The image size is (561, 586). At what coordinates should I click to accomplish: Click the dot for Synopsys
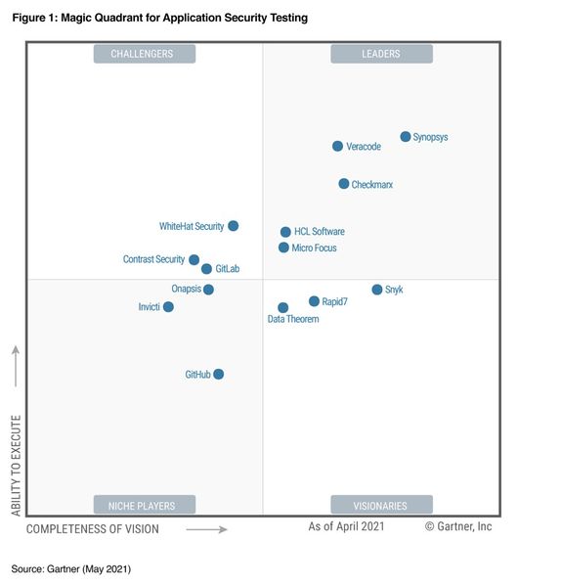coord(406,137)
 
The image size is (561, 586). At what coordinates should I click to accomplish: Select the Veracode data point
coord(338,147)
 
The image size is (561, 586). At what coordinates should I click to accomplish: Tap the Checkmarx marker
coord(344,184)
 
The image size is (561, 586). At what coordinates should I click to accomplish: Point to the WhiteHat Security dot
coord(234,226)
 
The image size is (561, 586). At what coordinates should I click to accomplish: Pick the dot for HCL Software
coord(286,232)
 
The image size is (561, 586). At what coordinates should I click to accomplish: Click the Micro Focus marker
coord(284,248)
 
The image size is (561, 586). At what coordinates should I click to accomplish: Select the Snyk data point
coord(377,290)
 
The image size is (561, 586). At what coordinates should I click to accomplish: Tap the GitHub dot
coord(219,375)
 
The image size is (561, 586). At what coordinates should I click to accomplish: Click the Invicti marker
coord(169,307)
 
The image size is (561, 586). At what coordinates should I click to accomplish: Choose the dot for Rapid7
coord(315,301)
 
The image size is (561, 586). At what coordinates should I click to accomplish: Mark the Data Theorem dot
coord(283,308)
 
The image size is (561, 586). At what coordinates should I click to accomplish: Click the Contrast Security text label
coord(153,259)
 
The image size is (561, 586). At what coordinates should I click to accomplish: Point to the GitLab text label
coord(227,269)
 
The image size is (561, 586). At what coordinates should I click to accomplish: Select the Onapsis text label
coord(186,290)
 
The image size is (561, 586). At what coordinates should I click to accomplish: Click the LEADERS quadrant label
coord(380,54)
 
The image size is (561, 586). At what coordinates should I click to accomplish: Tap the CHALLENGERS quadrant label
coord(144,54)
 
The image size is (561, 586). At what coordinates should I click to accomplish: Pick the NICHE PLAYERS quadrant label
coord(144,506)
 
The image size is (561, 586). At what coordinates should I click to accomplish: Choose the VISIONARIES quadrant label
coord(380,506)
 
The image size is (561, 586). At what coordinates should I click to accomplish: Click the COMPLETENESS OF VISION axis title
coord(92,529)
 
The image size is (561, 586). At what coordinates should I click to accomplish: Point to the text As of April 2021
coord(346,526)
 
